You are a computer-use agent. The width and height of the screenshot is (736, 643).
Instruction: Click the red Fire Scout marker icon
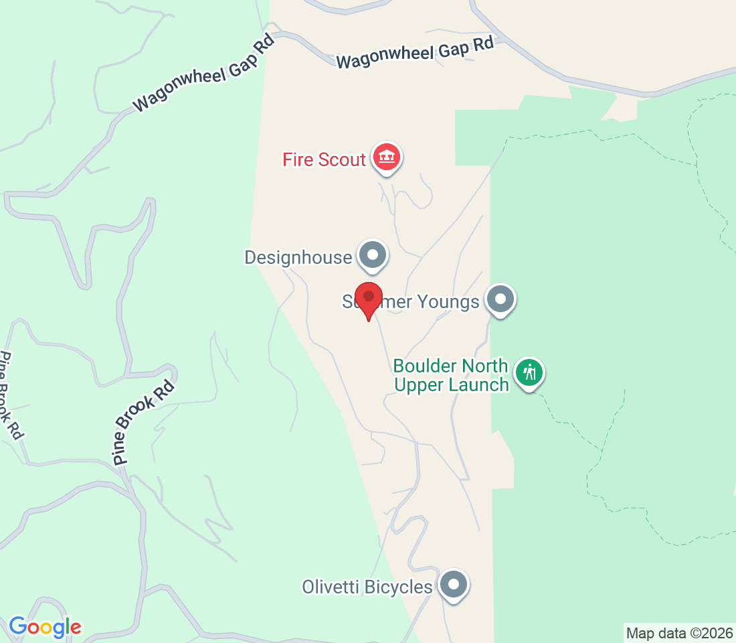[x=386, y=158]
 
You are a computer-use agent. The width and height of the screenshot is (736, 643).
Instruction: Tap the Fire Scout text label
[x=324, y=160]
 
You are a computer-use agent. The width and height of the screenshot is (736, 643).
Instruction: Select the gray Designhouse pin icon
[x=373, y=255]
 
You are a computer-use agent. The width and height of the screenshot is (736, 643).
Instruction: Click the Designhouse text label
[x=298, y=258]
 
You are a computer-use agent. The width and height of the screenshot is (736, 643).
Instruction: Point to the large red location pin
[x=368, y=299]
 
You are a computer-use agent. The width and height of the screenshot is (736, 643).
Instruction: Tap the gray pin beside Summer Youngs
[x=500, y=299]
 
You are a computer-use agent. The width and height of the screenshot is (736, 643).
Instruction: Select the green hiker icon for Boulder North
[x=530, y=372]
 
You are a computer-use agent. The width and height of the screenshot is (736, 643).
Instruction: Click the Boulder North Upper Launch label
[x=450, y=376]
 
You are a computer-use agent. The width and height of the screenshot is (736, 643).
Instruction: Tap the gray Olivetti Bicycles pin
[x=454, y=585]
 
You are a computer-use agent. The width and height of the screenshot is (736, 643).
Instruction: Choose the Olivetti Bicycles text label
[x=367, y=587]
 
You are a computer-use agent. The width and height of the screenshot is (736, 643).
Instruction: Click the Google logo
[x=45, y=628]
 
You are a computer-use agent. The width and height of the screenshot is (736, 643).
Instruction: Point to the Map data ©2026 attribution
[x=679, y=633]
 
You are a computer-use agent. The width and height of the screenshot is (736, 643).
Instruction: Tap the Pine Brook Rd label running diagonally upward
[x=144, y=422]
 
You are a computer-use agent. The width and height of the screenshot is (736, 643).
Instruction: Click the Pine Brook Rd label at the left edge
[x=11, y=395]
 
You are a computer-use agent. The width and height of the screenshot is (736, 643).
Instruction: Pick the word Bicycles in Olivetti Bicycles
[x=399, y=587]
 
